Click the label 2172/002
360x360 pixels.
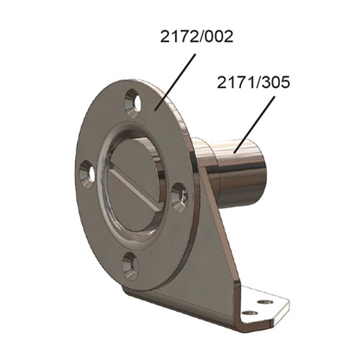[195, 37]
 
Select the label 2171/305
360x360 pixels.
[253, 84]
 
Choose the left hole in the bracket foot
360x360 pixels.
[249, 312]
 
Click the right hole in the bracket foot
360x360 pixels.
[267, 302]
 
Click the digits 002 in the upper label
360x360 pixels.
[218, 37]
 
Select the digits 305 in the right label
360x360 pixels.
[276, 84]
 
